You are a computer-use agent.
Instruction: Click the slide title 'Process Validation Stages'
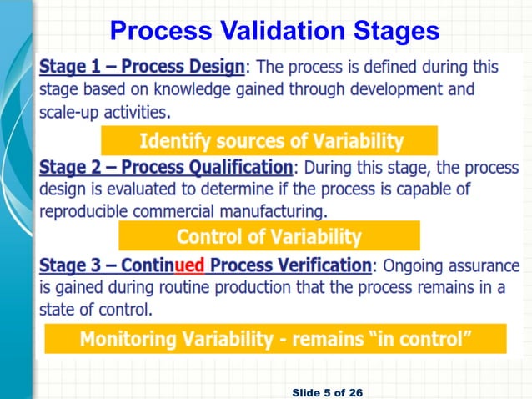click(x=274, y=31)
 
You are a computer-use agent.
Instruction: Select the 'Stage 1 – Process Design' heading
click(x=143, y=66)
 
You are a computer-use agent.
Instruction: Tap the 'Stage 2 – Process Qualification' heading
click(x=166, y=166)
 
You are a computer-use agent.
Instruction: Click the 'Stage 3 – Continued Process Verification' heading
click(x=205, y=266)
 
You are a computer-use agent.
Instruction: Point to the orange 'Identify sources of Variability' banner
click(x=269, y=140)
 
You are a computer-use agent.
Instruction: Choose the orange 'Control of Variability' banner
click(x=269, y=237)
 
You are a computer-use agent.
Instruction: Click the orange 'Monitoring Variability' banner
click(x=275, y=339)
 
